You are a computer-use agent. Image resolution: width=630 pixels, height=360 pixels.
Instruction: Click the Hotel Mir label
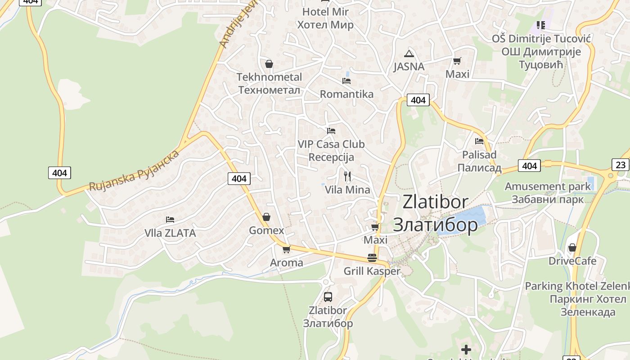pyautogui.click(x=325, y=18)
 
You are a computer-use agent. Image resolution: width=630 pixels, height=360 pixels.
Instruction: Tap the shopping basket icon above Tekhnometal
pyautogui.click(x=269, y=64)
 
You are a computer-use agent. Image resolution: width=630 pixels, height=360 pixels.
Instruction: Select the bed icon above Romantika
pyautogui.click(x=346, y=81)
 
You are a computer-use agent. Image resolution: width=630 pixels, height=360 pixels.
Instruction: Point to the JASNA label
pyautogui.click(x=409, y=67)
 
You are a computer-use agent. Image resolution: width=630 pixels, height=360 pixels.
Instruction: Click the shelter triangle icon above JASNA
pyautogui.click(x=409, y=54)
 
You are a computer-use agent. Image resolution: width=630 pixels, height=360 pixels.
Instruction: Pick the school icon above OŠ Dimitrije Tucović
pyautogui.click(x=540, y=25)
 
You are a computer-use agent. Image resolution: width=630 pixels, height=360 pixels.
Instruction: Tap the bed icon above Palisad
pyautogui.click(x=479, y=141)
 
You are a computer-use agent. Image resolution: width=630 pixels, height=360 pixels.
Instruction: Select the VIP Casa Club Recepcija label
pyautogui.click(x=331, y=151)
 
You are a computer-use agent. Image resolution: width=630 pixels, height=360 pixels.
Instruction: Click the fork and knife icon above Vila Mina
pyautogui.click(x=347, y=176)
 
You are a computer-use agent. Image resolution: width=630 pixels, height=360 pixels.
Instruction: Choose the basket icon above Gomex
pyautogui.click(x=266, y=217)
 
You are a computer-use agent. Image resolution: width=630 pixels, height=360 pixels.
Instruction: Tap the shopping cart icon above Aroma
pyautogui.click(x=286, y=249)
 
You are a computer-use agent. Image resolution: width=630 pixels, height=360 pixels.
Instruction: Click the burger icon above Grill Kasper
pyautogui.click(x=372, y=258)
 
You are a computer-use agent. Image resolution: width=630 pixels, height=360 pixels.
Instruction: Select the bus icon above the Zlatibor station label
pyautogui.click(x=328, y=297)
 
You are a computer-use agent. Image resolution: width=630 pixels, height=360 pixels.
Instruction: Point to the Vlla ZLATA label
pyautogui.click(x=170, y=233)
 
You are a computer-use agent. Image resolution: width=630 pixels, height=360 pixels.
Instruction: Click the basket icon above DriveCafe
pyautogui.click(x=572, y=247)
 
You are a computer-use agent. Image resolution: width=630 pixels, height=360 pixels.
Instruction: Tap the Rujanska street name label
pyautogui.click(x=134, y=170)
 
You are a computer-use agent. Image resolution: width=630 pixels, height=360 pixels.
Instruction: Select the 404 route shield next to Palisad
pyautogui.click(x=529, y=166)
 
